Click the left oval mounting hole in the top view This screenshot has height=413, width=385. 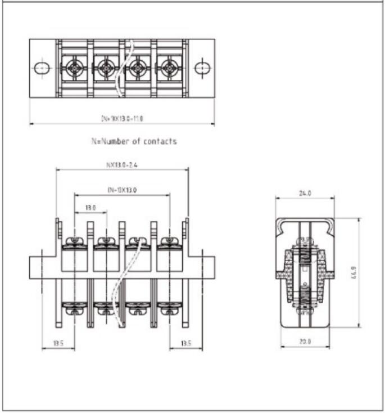click(x=42, y=68)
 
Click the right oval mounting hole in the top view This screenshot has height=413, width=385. click(x=202, y=68)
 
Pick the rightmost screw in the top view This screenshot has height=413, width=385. click(x=169, y=68)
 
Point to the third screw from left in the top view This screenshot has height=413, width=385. click(x=138, y=68)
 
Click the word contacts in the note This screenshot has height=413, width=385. click(x=159, y=141)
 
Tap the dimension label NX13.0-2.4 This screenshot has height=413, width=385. click(x=123, y=165)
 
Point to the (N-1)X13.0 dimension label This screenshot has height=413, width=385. click(x=122, y=190)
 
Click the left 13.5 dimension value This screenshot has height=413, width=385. click(x=58, y=343)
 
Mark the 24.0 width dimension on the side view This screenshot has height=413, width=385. click(x=305, y=193)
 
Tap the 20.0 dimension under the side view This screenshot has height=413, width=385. click(x=305, y=342)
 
